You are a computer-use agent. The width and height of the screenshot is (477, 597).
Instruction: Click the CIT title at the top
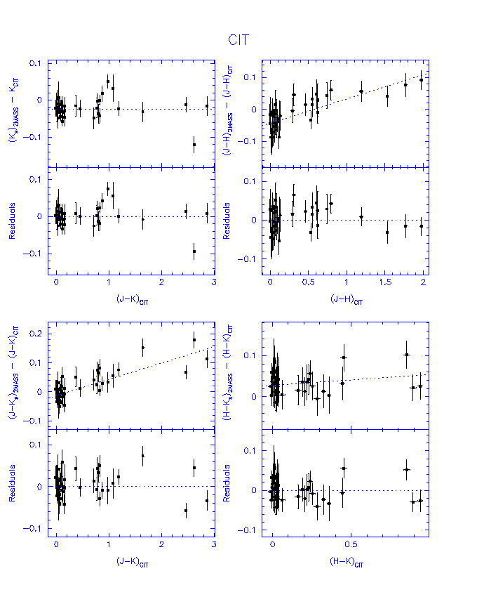point(238,40)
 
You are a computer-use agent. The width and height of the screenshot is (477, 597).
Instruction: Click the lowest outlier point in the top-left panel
point(194,145)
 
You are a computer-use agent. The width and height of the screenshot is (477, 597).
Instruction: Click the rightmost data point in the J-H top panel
point(421,79)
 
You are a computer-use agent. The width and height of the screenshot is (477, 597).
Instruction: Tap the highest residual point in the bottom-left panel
point(142,456)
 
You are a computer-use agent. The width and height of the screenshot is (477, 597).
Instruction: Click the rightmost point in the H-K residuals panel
point(421,500)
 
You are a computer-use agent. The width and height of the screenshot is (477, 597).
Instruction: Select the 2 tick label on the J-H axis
point(419,282)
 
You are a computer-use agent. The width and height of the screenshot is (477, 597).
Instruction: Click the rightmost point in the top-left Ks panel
point(207,106)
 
